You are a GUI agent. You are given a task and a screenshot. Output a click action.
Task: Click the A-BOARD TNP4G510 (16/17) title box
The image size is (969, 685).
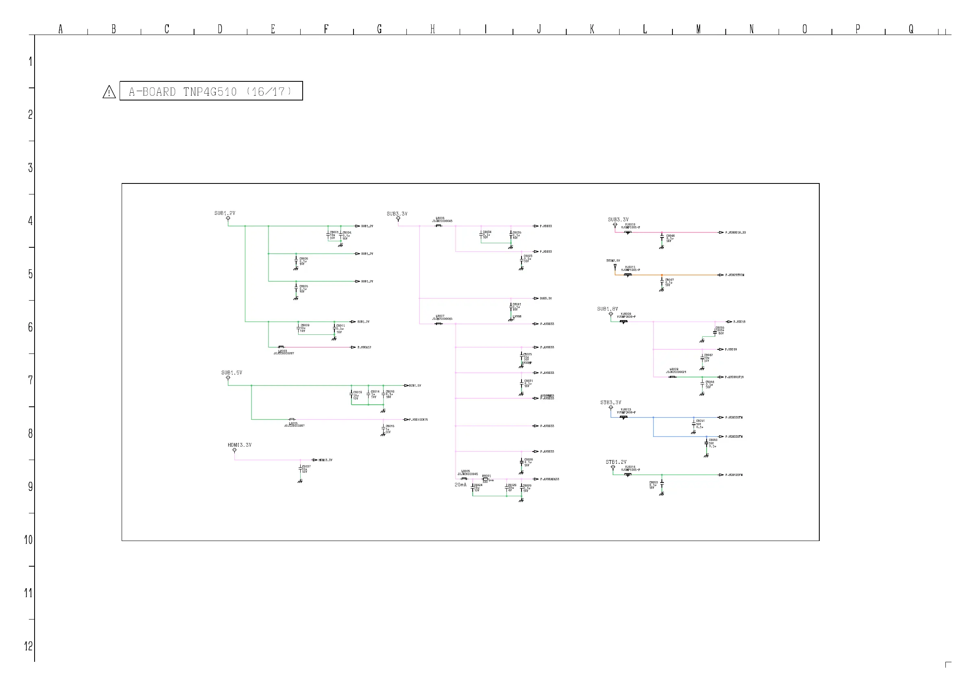(x=211, y=91)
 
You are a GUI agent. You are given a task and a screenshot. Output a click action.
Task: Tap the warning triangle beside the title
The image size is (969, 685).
(x=109, y=92)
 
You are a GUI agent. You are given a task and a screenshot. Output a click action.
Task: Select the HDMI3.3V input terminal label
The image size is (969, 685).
(x=239, y=445)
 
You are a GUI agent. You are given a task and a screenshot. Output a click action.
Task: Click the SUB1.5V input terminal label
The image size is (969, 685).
(x=232, y=373)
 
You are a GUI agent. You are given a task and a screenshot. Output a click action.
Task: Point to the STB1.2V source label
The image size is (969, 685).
(x=616, y=462)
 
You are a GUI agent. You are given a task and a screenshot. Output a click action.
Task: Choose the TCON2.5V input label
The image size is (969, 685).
(x=613, y=261)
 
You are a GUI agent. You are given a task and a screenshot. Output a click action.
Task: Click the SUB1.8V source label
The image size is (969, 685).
(x=607, y=309)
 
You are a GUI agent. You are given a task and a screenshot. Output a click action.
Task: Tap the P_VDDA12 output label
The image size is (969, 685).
(x=364, y=347)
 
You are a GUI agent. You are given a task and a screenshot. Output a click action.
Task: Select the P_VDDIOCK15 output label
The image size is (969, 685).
(x=418, y=419)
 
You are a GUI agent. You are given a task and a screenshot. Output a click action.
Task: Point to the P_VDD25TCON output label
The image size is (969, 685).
(x=735, y=275)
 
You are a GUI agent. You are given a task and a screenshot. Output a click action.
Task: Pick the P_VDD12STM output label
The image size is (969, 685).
(x=734, y=475)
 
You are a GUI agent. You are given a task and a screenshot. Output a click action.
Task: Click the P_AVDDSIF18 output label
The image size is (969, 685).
(x=734, y=377)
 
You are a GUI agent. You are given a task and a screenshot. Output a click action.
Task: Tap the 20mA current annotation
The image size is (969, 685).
(x=460, y=485)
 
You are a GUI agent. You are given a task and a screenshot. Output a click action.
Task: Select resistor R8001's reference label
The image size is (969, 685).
(x=486, y=476)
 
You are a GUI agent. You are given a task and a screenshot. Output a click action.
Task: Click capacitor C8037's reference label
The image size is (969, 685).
(x=306, y=467)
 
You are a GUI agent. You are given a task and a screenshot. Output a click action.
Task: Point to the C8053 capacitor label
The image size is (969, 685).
(x=653, y=482)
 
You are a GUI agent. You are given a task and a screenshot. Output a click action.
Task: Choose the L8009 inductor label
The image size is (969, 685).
(x=674, y=369)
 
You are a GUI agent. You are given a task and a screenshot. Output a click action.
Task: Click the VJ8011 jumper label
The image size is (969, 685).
(x=630, y=267)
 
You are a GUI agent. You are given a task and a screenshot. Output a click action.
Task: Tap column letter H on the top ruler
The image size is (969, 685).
(x=432, y=29)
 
